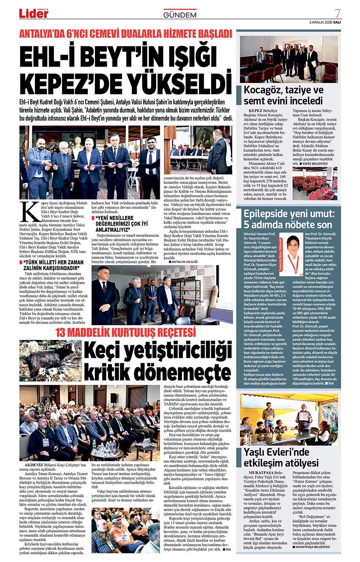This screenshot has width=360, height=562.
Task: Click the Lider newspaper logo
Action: point(33,14)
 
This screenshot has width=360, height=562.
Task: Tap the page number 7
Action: point(337,13)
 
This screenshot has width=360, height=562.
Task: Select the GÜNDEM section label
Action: point(180,15)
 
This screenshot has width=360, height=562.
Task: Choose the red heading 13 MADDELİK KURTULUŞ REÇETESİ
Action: point(126,333)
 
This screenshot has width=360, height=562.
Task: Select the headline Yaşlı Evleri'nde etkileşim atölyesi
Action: point(282,456)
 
